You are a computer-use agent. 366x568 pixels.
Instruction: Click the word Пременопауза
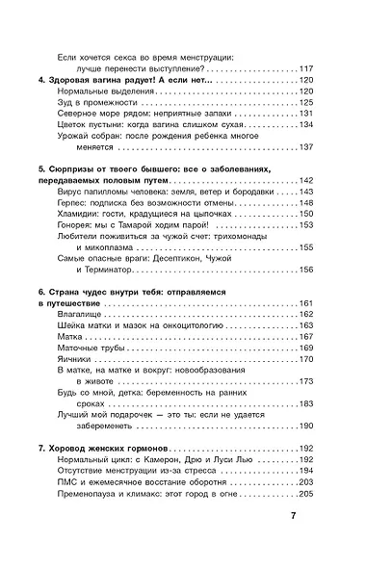click(x=92, y=493)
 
